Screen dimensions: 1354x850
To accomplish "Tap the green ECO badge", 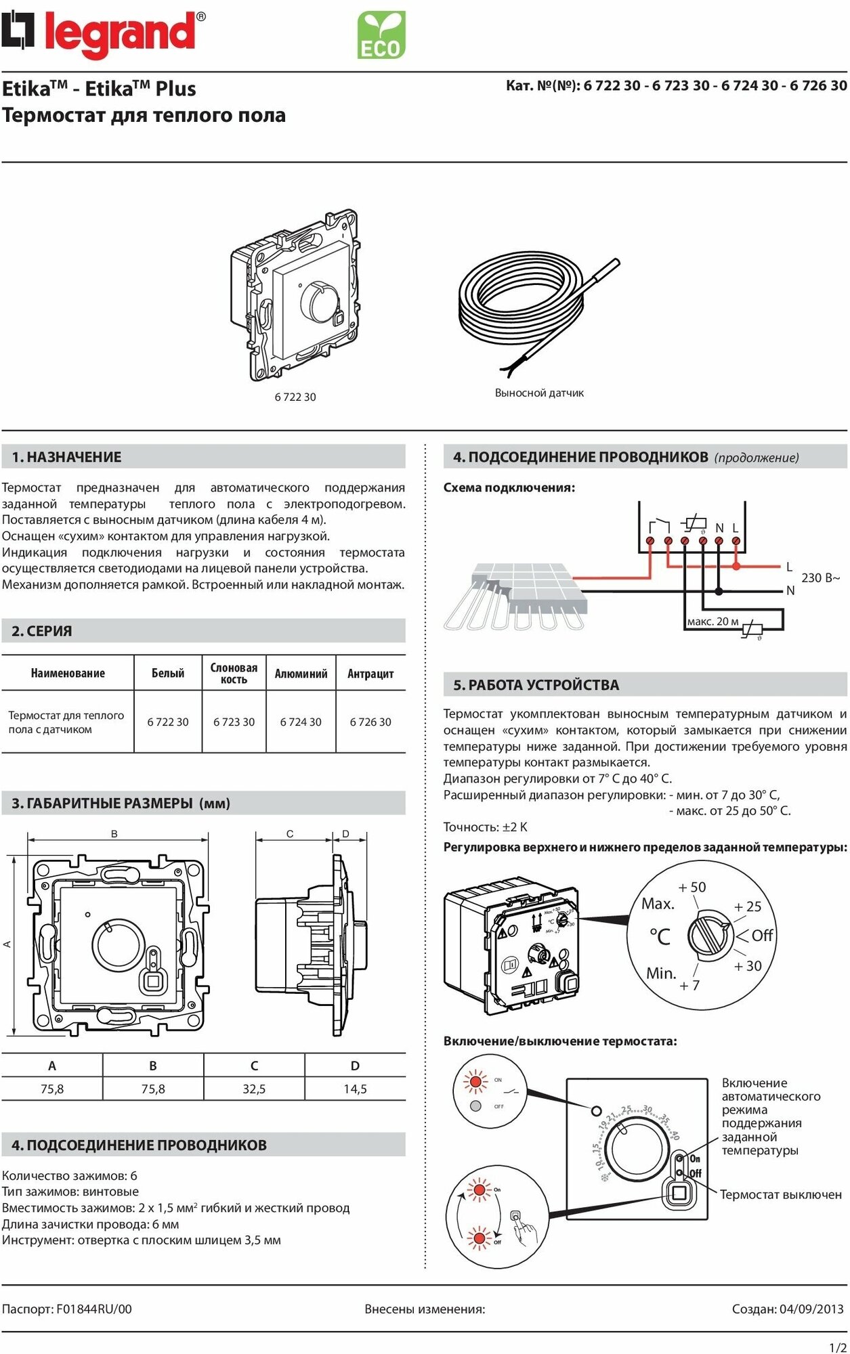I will point(381,35).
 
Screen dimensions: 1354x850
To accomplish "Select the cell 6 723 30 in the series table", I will point(234,722).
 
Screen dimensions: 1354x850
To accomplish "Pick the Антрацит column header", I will point(370,674).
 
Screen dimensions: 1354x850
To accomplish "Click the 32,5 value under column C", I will point(254,1089).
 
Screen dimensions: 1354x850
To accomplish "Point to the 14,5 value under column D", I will point(355,1089).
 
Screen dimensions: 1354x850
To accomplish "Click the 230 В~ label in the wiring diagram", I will point(820,577).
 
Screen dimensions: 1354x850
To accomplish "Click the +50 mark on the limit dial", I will point(692,887).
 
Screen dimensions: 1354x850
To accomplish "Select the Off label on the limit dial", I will point(762,935).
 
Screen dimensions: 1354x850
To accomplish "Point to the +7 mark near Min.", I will point(689,986).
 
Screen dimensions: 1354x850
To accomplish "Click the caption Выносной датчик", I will point(539,393).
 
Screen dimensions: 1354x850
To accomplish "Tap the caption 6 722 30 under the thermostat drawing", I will point(295,397).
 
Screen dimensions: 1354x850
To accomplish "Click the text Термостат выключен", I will point(780,1194).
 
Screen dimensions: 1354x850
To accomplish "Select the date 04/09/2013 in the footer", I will point(811,1309).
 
